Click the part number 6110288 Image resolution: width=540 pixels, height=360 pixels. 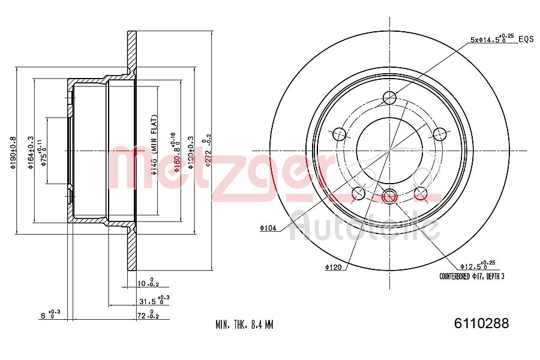click(478, 324)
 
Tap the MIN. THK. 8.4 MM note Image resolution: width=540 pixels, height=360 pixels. click(244, 325)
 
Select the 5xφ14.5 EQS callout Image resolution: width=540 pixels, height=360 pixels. click(501, 40)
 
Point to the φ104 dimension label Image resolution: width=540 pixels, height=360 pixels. click(268, 227)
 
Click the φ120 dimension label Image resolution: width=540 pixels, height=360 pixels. click(333, 267)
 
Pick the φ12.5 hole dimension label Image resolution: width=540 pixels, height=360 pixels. click(477, 265)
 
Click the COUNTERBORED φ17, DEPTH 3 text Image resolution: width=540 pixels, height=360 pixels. click(472, 277)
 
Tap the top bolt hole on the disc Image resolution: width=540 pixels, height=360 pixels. click(390, 98)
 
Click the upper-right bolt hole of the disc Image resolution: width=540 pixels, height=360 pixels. click(440, 134)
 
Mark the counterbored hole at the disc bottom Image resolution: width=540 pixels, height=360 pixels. click(390, 195)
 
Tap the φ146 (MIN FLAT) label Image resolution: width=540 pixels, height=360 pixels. click(154, 144)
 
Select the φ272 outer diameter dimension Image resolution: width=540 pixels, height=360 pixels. click(208, 150)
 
